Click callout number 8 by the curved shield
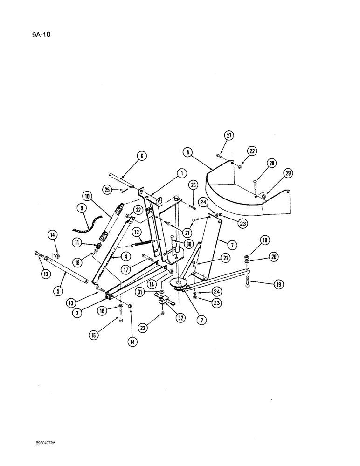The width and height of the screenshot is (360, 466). point(187,152)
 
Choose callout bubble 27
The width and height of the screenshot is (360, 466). point(228,136)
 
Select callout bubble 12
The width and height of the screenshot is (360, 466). point(137,232)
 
